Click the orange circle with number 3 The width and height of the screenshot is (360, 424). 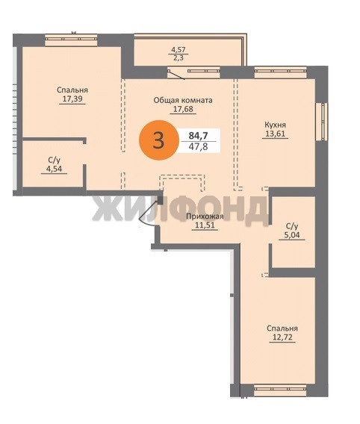pyautogui.click(x=159, y=140)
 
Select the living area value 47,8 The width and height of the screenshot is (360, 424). pyautogui.click(x=199, y=146)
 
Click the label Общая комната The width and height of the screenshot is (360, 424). pyautogui.click(x=183, y=100)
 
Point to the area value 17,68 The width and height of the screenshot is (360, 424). pyautogui.click(x=183, y=109)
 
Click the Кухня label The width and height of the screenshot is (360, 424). pyautogui.click(x=276, y=125)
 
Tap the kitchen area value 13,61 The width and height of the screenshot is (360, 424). pyautogui.click(x=276, y=134)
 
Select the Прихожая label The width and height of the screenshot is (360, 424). pyautogui.click(x=205, y=216)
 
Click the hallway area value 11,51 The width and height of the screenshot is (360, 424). pyautogui.click(x=205, y=225)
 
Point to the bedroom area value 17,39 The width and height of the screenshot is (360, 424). pyautogui.click(x=72, y=99)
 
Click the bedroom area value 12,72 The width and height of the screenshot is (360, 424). pyautogui.click(x=282, y=337)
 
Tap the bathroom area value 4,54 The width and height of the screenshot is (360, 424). pyautogui.click(x=54, y=169)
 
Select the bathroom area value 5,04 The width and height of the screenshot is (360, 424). pyautogui.click(x=292, y=234)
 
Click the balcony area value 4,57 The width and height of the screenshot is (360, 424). pyautogui.click(x=179, y=49)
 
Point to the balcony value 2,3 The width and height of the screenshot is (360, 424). pyautogui.click(x=179, y=57)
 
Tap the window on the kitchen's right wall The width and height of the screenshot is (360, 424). pyautogui.click(x=322, y=122)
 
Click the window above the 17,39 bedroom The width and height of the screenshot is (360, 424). pyautogui.click(x=71, y=40)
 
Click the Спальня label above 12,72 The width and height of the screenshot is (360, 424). pyautogui.click(x=282, y=328)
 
